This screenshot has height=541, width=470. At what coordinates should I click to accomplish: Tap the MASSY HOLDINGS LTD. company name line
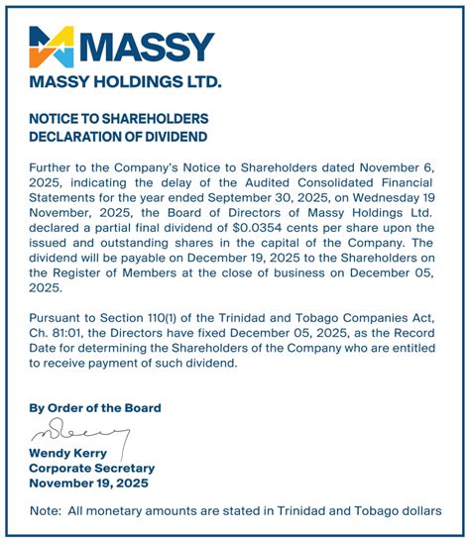point(125,81)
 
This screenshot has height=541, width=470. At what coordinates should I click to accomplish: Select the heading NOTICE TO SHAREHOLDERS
point(112,118)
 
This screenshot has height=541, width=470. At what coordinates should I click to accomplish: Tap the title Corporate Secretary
point(91,468)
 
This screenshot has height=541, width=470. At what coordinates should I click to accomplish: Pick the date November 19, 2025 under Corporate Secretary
point(87,483)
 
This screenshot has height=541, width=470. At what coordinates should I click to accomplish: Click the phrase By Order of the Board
point(95,407)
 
